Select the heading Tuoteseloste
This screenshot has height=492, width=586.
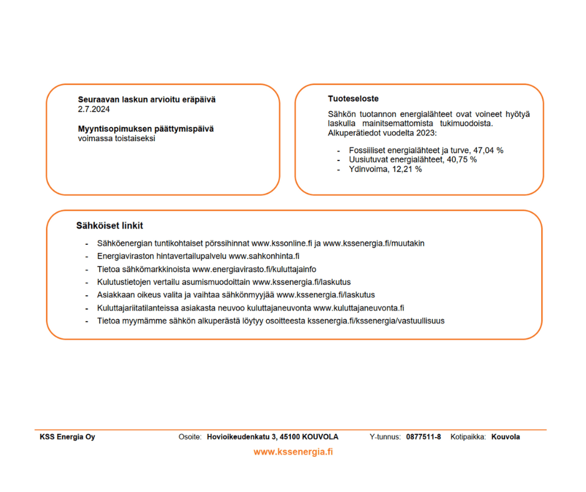[353, 99]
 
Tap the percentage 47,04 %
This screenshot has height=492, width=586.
[488, 150]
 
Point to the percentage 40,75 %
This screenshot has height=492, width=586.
[461, 160]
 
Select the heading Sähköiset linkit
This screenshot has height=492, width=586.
[110, 225]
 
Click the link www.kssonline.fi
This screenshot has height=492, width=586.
[281, 244]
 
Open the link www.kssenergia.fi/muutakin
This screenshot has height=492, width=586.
[373, 244]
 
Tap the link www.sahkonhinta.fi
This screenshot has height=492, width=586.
[265, 257]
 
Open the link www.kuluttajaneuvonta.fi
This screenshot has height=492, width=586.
[359, 308]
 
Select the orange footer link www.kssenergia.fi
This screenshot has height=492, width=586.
[293, 452]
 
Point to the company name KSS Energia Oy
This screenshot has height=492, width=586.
[67, 437]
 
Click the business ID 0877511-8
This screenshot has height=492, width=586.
[423, 437]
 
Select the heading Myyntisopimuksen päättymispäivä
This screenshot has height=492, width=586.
[146, 129]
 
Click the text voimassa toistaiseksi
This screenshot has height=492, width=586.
[116, 138]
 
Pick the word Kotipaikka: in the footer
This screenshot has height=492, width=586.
[468, 437]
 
